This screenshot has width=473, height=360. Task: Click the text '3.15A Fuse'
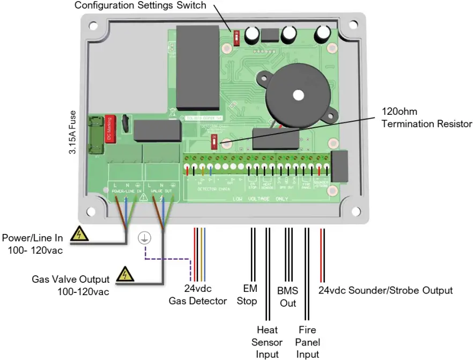[72, 133]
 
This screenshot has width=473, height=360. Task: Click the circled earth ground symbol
[144, 239]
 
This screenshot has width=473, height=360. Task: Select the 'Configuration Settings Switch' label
[140, 6]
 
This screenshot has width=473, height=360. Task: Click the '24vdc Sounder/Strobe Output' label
[386, 290]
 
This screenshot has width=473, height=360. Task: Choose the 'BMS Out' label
[287, 297]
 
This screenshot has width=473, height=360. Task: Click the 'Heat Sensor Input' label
[268, 342]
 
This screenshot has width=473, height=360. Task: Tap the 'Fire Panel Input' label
[308, 342]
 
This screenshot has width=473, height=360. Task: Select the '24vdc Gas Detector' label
[197, 296]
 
